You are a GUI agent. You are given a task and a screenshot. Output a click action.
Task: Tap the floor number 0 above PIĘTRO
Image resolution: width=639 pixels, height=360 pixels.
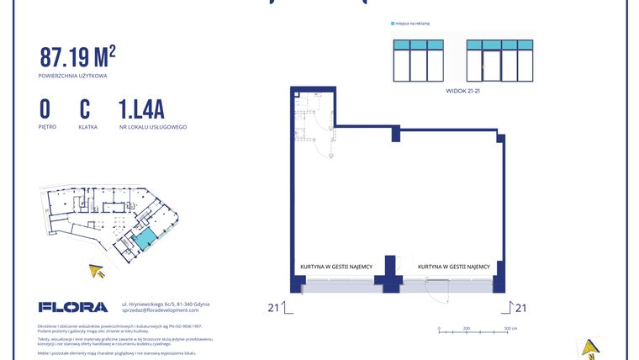click(x=45, y=109)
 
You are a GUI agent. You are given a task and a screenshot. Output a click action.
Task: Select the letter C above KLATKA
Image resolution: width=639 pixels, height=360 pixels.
click(x=85, y=109)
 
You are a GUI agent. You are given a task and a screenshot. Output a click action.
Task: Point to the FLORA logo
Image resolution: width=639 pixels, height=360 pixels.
click(x=72, y=307)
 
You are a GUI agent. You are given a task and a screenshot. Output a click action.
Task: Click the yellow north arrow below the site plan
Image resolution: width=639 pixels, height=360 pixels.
click(x=98, y=270)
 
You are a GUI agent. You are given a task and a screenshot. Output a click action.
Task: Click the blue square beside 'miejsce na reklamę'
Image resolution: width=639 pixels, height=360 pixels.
click(x=393, y=24)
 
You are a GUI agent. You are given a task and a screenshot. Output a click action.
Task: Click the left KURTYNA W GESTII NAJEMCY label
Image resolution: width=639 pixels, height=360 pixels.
click(x=335, y=267)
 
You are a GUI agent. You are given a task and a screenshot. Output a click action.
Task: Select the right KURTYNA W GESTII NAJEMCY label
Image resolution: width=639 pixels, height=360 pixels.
click(x=454, y=267)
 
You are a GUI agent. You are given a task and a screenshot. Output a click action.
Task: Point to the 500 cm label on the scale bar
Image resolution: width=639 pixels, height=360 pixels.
click(x=510, y=329)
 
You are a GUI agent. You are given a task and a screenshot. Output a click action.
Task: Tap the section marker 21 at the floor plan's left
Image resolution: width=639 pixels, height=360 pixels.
click(x=273, y=307)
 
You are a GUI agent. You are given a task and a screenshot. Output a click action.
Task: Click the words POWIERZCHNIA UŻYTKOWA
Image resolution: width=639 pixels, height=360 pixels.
click(x=72, y=76)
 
